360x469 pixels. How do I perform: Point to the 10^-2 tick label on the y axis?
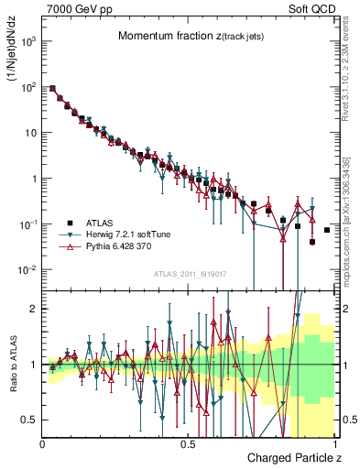pyautogui.click(x=27, y=269)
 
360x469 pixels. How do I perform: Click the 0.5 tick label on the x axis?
pyautogui.click(x=188, y=443)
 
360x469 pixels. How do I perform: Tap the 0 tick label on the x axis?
pyautogui.click(x=43, y=443)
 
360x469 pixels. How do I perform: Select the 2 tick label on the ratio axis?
pyautogui.click(x=33, y=309)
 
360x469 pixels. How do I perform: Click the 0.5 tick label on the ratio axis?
pyautogui.click(x=29, y=420)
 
